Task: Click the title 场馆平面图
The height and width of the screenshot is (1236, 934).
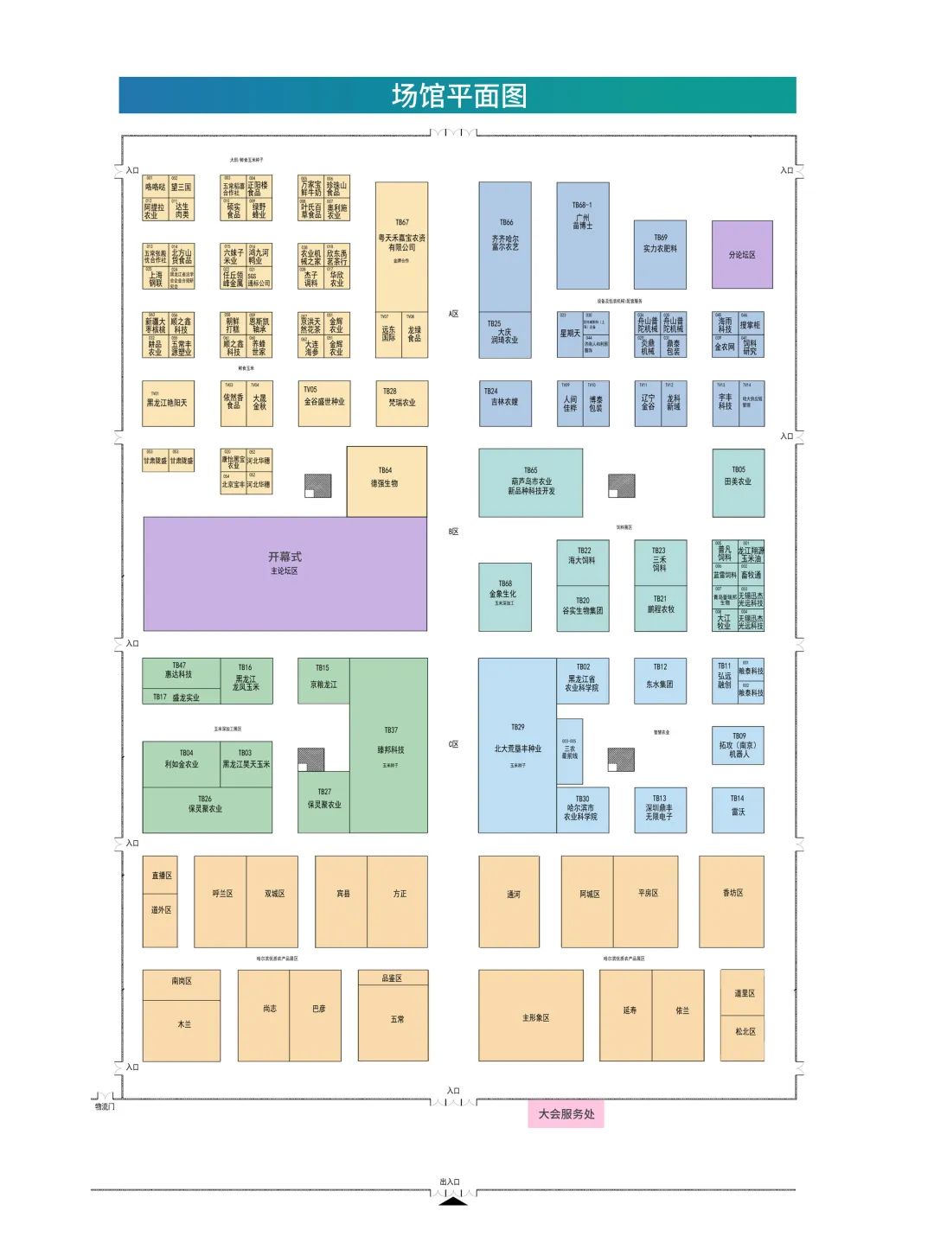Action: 458,96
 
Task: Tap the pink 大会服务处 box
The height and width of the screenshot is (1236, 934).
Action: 566,1114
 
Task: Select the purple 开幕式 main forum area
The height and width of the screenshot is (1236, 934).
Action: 285,573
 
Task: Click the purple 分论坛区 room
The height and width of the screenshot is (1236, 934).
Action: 742,255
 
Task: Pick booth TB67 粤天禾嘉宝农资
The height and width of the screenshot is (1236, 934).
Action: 401,246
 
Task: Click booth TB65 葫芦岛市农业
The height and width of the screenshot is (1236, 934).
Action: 530,482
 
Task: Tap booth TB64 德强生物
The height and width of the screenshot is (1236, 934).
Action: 386,481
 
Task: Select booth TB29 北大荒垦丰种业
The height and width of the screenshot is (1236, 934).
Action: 517,745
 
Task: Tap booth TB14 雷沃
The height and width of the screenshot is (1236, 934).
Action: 738,809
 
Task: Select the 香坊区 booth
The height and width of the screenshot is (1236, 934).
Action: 732,901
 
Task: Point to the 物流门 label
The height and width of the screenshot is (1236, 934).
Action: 105,1106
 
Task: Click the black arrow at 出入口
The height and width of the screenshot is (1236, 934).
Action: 453,1201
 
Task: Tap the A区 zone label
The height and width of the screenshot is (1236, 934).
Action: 453,314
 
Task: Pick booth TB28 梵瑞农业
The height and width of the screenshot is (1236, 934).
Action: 401,403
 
